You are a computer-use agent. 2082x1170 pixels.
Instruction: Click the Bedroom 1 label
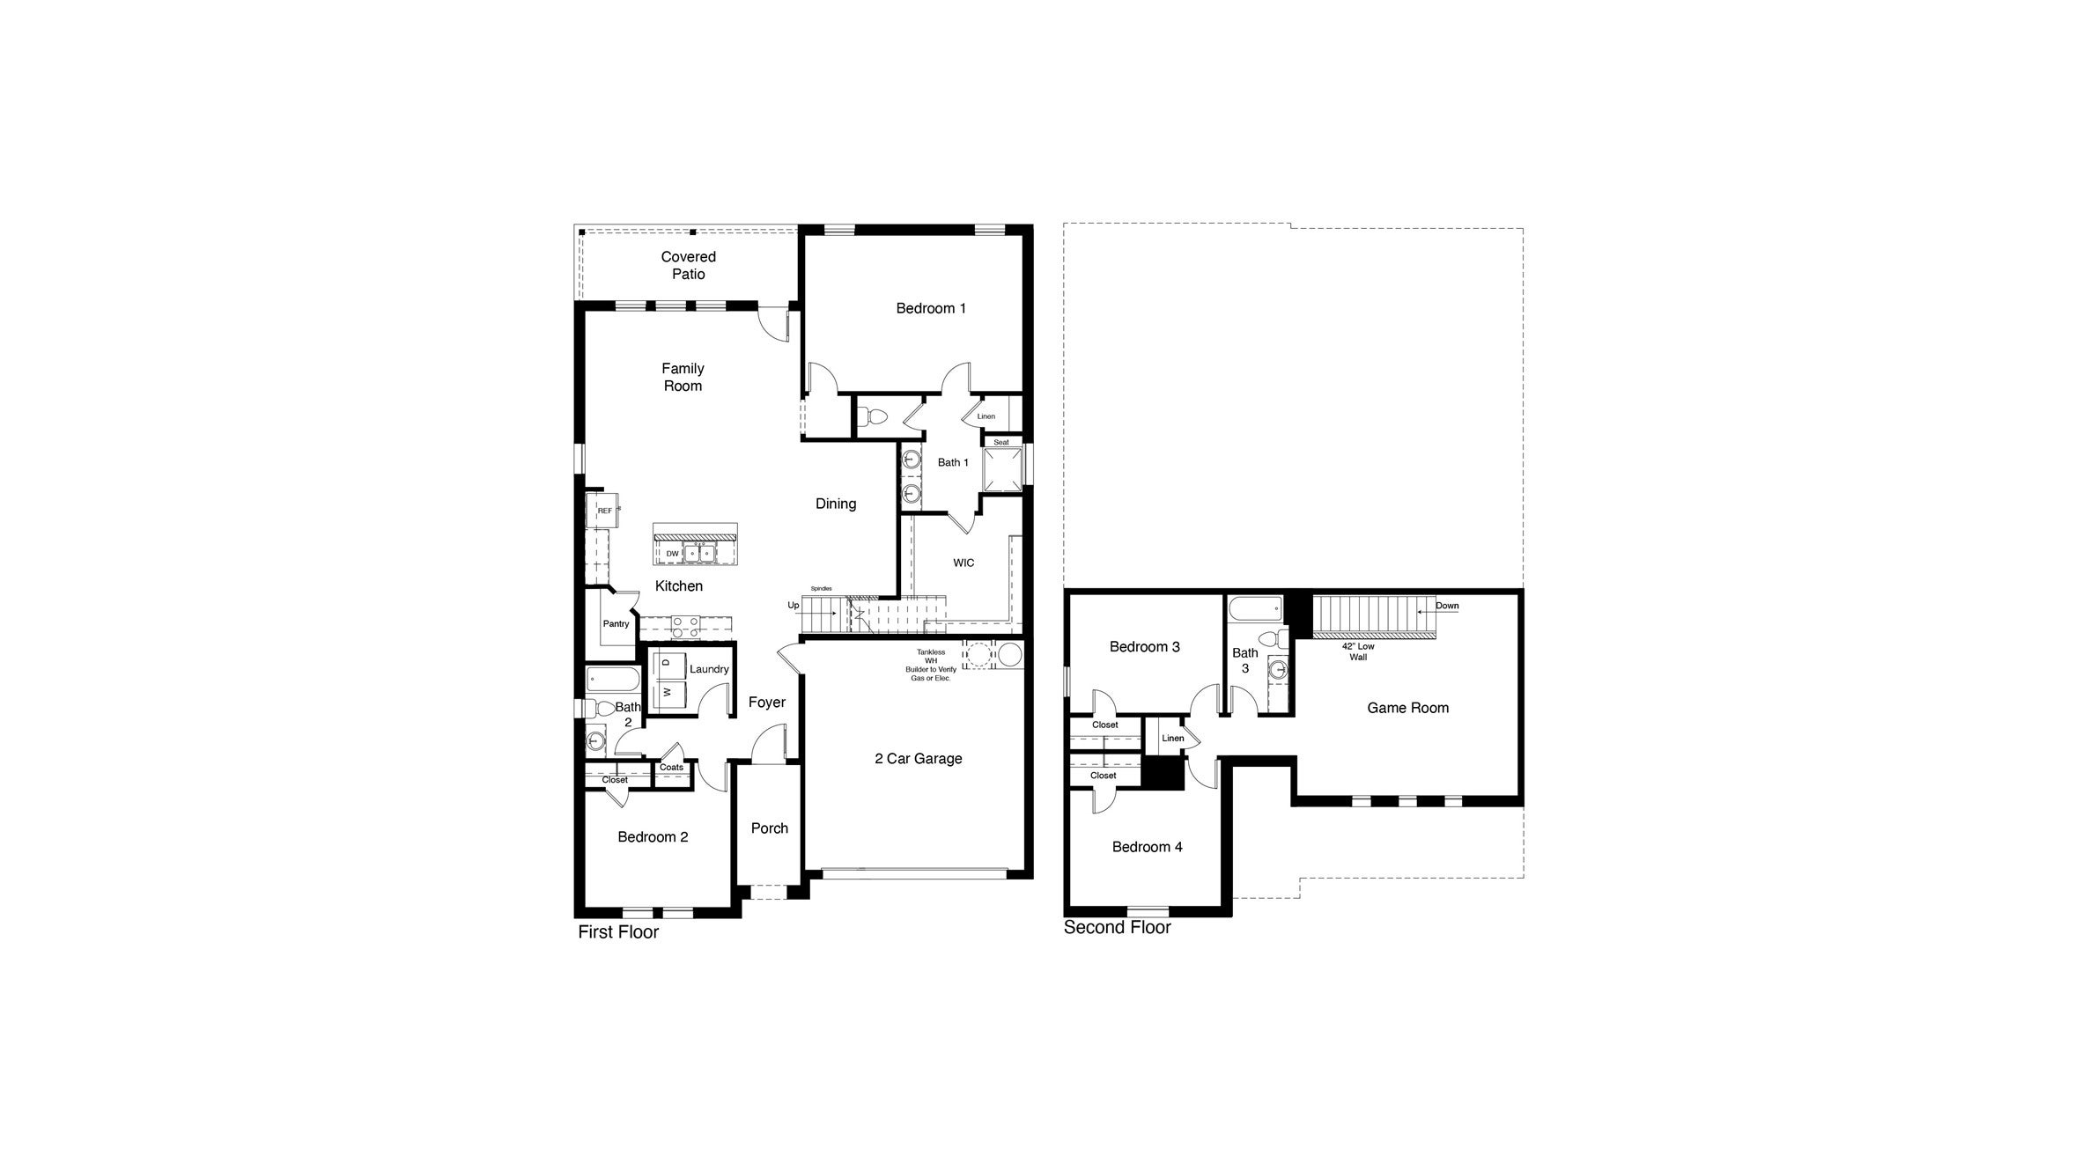[x=931, y=308]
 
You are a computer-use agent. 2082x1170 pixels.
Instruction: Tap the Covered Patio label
[x=688, y=265]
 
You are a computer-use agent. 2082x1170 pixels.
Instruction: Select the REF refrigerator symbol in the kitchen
[x=604, y=511]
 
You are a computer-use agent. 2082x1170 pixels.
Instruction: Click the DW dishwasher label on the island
[x=672, y=554]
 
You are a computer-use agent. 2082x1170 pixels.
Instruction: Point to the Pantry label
[x=616, y=624]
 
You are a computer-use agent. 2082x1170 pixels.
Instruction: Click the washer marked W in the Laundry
[x=667, y=693]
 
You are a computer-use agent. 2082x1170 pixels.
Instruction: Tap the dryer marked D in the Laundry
[x=667, y=662]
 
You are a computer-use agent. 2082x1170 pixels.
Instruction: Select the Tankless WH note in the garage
[x=930, y=665]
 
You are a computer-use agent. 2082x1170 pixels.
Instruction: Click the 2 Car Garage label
[x=918, y=759]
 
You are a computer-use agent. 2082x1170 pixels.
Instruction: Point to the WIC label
[x=963, y=563]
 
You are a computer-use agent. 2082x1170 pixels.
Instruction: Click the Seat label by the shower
[x=1001, y=442]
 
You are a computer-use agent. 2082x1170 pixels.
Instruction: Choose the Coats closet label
[x=671, y=768]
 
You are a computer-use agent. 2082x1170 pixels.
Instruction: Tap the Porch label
[x=769, y=828]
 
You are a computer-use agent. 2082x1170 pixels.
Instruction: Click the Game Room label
[x=1407, y=708]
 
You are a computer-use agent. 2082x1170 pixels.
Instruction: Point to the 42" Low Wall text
[x=1357, y=651]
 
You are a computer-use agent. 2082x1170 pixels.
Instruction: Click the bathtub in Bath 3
[x=1254, y=608]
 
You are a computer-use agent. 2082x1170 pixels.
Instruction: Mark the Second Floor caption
[x=1117, y=927]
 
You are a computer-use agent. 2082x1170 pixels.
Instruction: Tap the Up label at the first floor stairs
[x=794, y=606]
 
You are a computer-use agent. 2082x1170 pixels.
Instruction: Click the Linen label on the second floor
[x=1172, y=738]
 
